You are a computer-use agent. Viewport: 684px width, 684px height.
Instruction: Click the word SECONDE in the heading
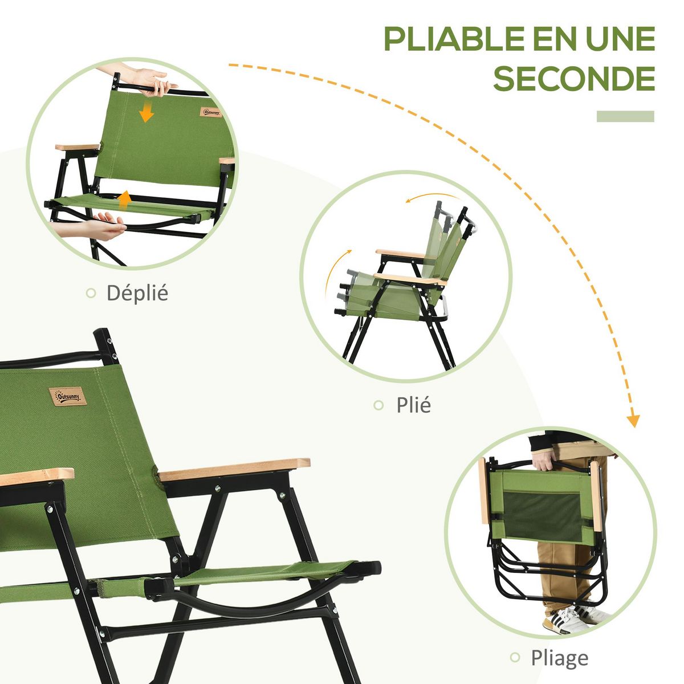coord(574,79)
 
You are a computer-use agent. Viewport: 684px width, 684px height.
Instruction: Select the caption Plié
coord(413,405)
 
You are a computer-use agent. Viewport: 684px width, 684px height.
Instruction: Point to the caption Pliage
coord(559,657)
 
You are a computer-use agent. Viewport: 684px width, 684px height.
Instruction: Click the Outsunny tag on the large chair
coord(67,396)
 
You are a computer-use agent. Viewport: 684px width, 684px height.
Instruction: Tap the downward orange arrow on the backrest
coord(146,112)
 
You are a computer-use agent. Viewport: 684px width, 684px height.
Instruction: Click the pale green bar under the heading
coord(625,116)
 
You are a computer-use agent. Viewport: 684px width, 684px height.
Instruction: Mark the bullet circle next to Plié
coord(378,405)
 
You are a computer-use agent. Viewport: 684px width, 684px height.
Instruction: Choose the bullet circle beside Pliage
coord(515,657)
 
